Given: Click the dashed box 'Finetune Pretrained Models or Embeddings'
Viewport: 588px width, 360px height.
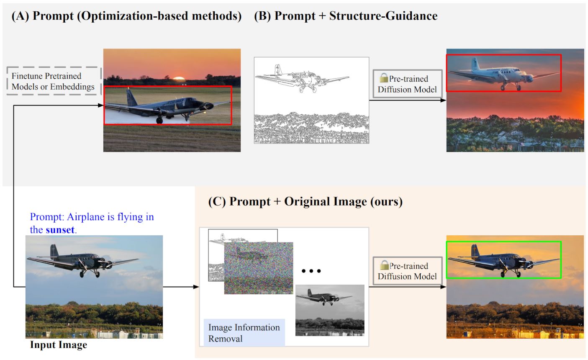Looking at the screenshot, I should pyautogui.click(x=54, y=81).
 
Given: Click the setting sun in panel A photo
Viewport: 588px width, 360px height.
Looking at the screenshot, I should pyautogui.click(x=179, y=78).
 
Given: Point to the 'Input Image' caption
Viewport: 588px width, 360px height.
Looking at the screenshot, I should pyautogui.click(x=59, y=345).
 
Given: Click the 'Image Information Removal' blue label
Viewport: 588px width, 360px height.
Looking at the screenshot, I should pyautogui.click(x=244, y=333).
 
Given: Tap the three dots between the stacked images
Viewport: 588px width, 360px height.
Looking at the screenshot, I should pyautogui.click(x=311, y=271).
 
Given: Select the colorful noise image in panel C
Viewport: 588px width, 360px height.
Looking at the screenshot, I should pyautogui.click(x=258, y=268).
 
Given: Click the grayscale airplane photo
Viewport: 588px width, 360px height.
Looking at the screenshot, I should pyautogui.click(x=330, y=310).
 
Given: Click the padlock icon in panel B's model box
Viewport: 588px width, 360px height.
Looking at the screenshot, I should pyautogui.click(x=384, y=78).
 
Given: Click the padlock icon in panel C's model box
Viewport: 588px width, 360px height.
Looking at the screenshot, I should pyautogui.click(x=384, y=265).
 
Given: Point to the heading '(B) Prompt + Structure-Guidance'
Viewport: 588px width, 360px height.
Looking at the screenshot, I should pyautogui.click(x=346, y=16).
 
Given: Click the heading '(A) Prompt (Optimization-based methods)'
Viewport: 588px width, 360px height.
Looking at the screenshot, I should pyautogui.click(x=126, y=16).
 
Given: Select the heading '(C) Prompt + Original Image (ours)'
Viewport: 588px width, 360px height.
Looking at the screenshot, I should pyautogui.click(x=305, y=202).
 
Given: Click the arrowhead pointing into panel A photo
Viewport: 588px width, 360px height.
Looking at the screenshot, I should pyautogui.click(x=100, y=105).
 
